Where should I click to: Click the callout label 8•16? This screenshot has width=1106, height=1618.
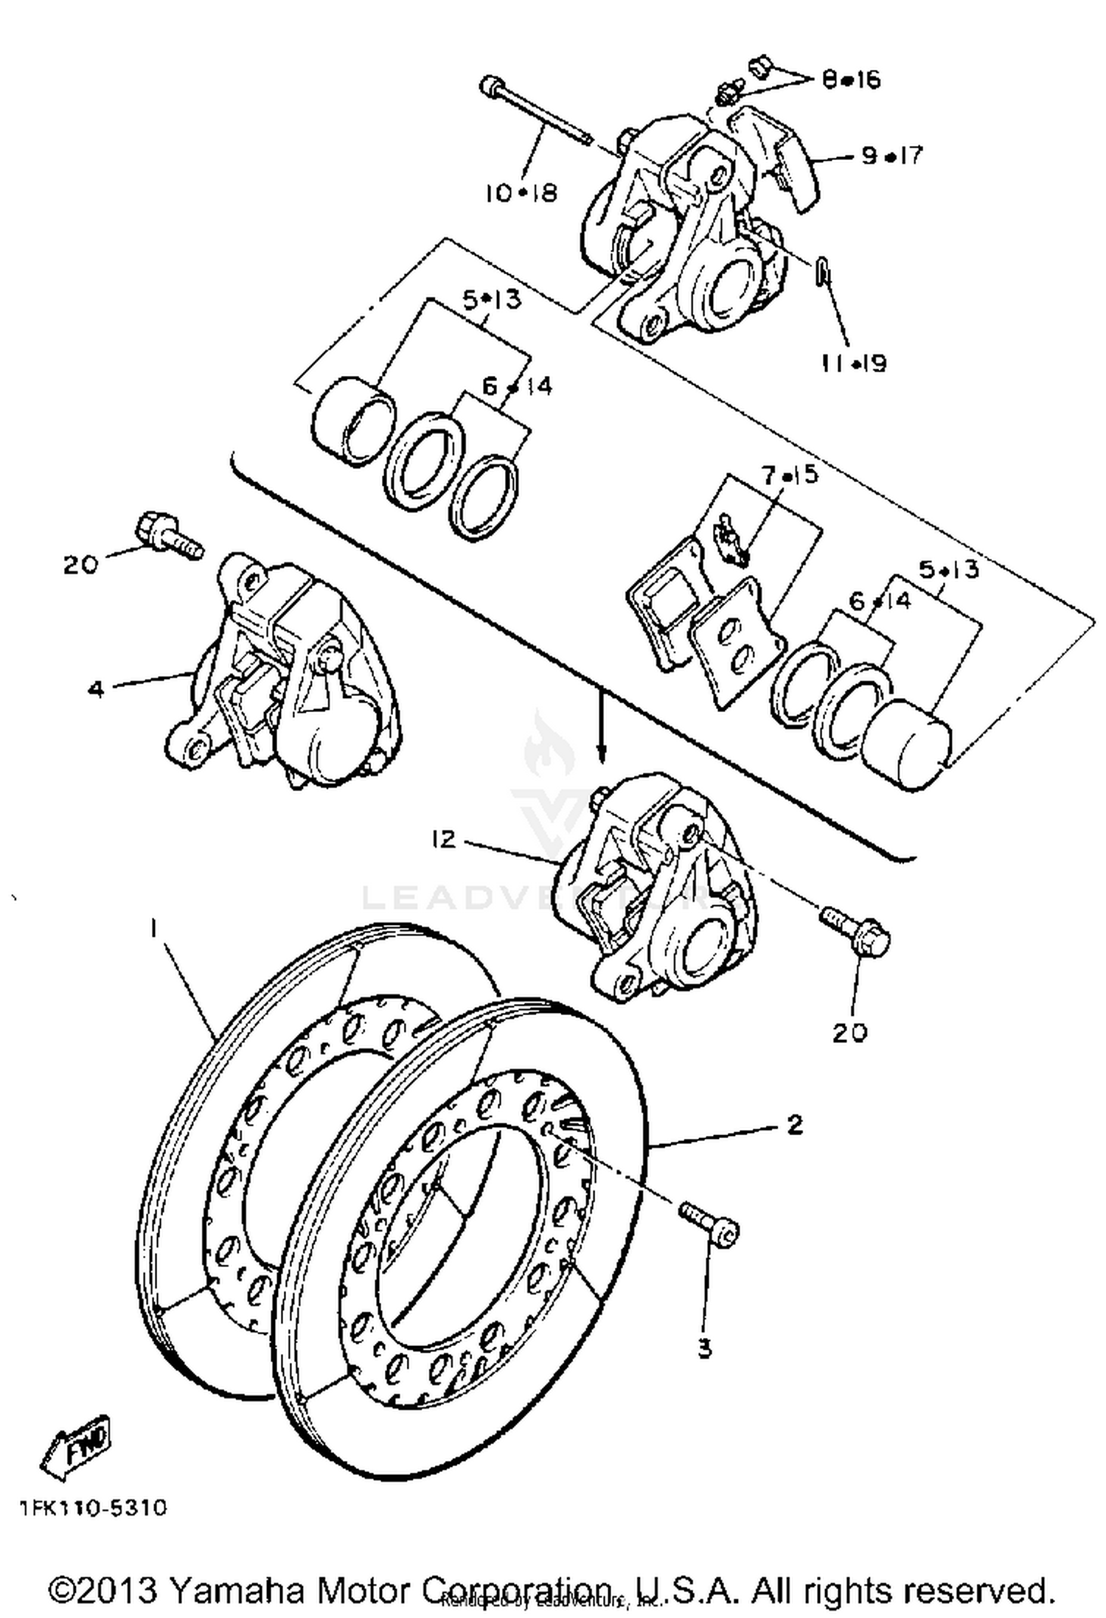(x=851, y=79)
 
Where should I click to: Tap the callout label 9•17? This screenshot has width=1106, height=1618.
(x=891, y=156)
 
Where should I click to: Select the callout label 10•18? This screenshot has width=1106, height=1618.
(x=521, y=193)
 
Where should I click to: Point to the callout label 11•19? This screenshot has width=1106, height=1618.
(x=855, y=363)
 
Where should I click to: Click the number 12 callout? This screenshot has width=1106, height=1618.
(x=444, y=839)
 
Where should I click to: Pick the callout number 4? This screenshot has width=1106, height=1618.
(x=96, y=689)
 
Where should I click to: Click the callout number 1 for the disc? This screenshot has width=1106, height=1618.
(x=153, y=930)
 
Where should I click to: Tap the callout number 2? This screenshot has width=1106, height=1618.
(x=794, y=1126)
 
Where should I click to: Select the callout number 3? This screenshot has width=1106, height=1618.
(x=705, y=1348)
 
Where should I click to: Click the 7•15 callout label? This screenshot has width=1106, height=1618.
(x=790, y=475)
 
